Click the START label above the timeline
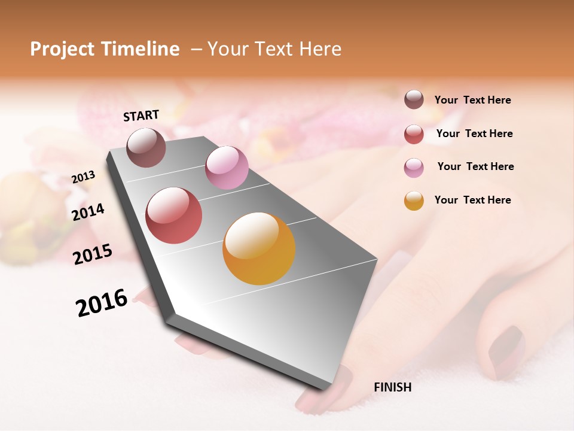[141, 116]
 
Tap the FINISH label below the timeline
[392, 387]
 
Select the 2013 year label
[84, 177]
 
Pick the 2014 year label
[88, 212]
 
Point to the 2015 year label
[93, 254]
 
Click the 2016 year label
[102, 303]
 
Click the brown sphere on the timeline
[146, 147]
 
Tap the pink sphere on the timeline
[227, 167]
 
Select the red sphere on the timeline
[174, 215]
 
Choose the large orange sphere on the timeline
[259, 248]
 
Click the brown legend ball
[414, 100]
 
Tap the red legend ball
[414, 133]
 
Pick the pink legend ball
[414, 167]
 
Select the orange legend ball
[414, 201]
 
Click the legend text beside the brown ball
[472, 100]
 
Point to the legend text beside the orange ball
[472, 200]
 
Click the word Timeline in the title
[141, 49]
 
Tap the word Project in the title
[62, 49]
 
